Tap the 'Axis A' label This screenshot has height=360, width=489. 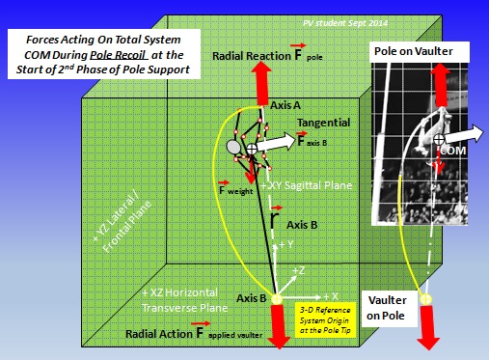286,101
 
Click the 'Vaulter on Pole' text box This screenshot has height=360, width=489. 390,307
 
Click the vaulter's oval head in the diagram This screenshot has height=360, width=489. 234,148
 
